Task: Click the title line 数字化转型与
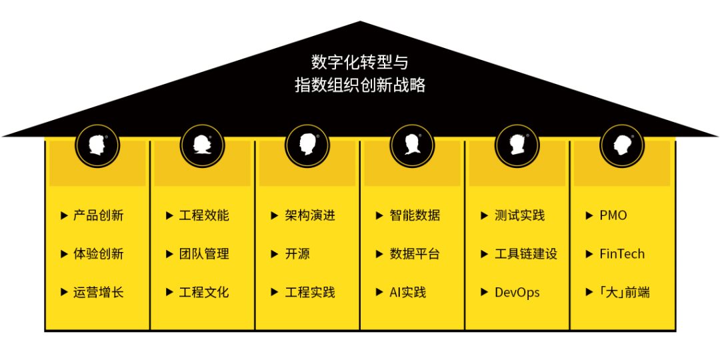[359, 61]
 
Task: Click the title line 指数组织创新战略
[360, 85]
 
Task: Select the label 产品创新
[98, 215]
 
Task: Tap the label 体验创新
[98, 254]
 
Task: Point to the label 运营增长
[98, 293]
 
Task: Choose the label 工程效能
[204, 215]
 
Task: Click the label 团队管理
[204, 254]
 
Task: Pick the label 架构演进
[310, 215]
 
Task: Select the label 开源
[297, 254]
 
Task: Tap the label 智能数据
[415, 215]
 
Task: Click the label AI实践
[408, 293]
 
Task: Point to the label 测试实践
[519, 215]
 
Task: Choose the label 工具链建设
[526, 254]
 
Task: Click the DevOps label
[517, 293]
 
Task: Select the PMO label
[613, 215]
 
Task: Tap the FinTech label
[622, 254]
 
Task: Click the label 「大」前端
[625, 293]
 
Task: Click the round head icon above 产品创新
[97, 145]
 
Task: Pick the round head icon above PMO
[622, 145]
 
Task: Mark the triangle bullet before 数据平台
[379, 254]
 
